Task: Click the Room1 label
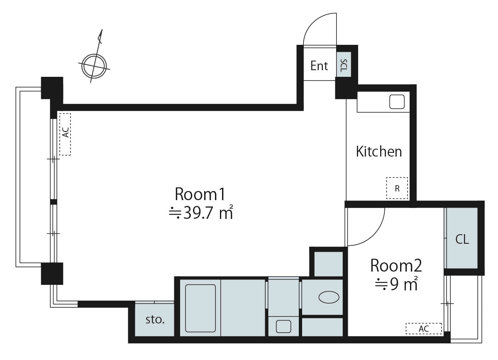tap(200, 194)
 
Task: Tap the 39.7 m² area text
tap(201, 213)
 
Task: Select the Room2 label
tap(396, 265)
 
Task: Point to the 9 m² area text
tap(396, 284)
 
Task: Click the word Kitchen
tap(379, 152)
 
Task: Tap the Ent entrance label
tap(319, 66)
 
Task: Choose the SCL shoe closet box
tap(344, 64)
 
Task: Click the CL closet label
tap(462, 240)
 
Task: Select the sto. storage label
tap(155, 320)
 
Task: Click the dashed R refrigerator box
tap(397, 188)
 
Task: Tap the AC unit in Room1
tap(65, 135)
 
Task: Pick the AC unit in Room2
tap(424, 328)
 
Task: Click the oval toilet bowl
tap(329, 297)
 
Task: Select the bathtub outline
tap(200, 308)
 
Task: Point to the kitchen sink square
tap(397, 102)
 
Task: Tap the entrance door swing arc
tap(313, 21)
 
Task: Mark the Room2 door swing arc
tap(376, 235)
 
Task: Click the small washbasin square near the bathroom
tap(283, 327)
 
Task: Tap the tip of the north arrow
tap(102, 29)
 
